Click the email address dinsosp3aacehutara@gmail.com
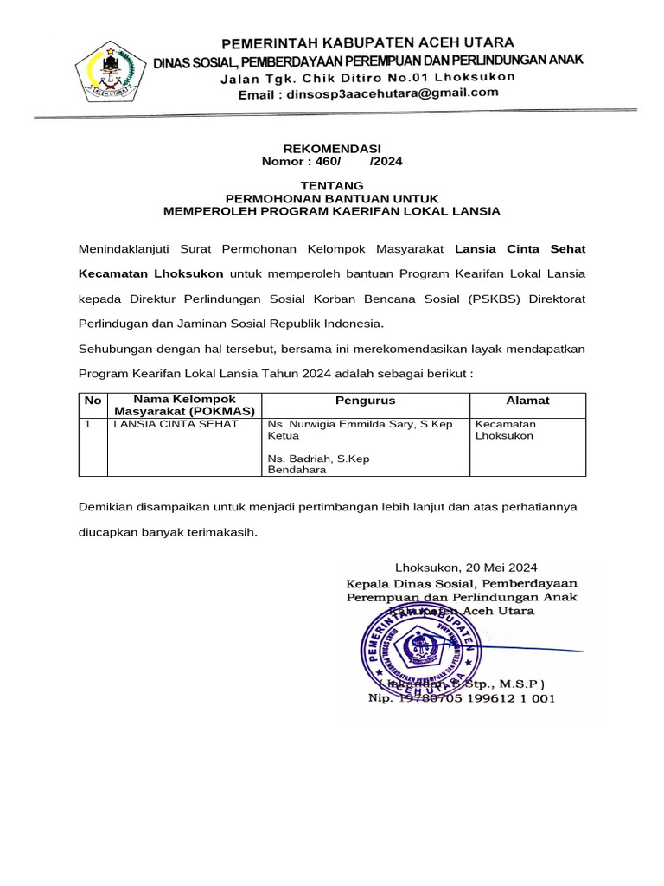tap(368, 93)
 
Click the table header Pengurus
tap(366, 401)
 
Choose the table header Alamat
tap(527, 401)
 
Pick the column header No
tap(93, 401)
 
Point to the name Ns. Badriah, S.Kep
tap(318, 459)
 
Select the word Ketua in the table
tap(283, 437)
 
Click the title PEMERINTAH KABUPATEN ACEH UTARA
tap(367, 42)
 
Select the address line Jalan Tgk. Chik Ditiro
tap(367, 77)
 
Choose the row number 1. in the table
tap(89, 425)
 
